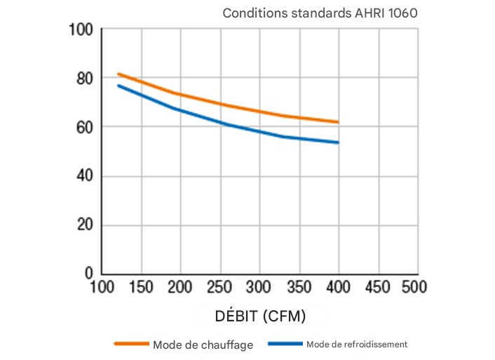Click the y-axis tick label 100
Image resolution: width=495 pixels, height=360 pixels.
pos(81,30)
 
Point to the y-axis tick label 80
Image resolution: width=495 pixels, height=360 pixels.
pos(84,79)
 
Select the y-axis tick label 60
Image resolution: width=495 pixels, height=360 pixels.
pos(84,128)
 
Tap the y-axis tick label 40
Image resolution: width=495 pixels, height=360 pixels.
pos(84,177)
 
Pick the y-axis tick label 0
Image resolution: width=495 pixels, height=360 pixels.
pos(89,272)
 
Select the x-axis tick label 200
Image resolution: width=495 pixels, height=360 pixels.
pos(180,287)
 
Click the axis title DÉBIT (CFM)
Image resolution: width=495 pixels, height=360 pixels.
pos(260,316)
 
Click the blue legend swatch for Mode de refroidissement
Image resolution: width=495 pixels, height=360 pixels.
pos(284,345)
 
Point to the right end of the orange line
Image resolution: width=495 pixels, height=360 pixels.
pos(339,122)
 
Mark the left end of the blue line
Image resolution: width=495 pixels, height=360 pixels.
pos(118,86)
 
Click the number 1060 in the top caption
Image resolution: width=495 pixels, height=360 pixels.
pos(405,13)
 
